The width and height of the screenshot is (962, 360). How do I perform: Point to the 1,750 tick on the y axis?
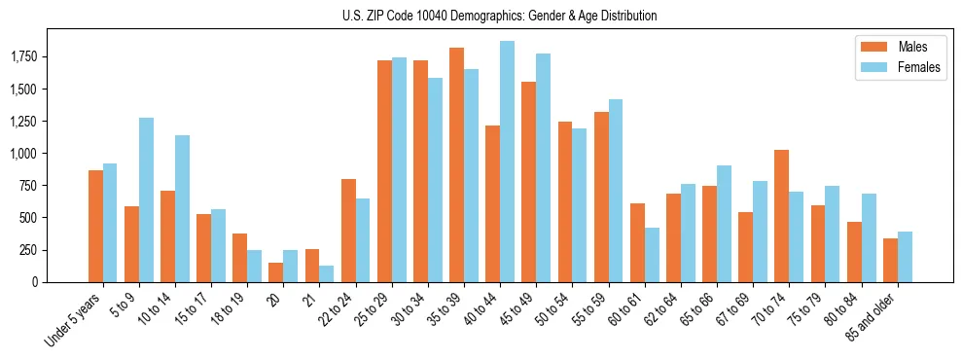click(x=23, y=57)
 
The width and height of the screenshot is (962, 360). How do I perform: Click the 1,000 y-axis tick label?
click(x=23, y=154)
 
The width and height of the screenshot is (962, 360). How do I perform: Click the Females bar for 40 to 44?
click(x=507, y=162)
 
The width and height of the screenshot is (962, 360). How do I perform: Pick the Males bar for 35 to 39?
click(x=456, y=164)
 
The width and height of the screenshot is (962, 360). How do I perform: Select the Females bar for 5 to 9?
click(x=146, y=199)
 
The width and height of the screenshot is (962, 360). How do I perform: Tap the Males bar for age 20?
click(x=276, y=272)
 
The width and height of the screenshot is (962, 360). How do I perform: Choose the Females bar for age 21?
click(x=327, y=273)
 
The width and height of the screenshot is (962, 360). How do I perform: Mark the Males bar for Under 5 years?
click(x=95, y=226)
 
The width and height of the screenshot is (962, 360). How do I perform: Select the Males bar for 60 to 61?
click(x=637, y=242)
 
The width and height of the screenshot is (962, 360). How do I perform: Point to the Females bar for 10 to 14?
click(x=182, y=208)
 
